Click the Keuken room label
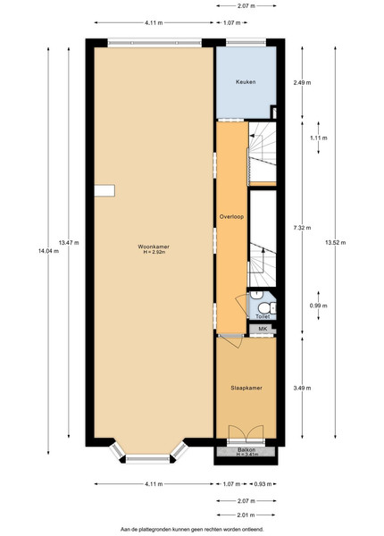pos(246,82)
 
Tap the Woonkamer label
pos(154,247)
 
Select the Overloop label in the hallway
pos(231,217)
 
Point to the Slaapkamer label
pos(246,388)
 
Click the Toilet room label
pos(263,316)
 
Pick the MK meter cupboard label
pos(262,329)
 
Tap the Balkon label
pos(246,450)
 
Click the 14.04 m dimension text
pos(48,251)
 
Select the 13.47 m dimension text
pos(69,243)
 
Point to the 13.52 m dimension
pos(335,243)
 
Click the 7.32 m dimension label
pos(302,228)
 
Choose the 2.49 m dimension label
pos(302,82)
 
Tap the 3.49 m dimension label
pos(302,388)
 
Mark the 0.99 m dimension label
pos(319,306)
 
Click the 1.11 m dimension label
pos(319,138)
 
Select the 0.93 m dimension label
pos(263,484)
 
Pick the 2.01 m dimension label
pos(246,515)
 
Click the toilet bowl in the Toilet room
pos(265,307)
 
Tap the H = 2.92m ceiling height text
pos(154,252)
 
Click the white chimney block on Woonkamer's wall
pos(104,191)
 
